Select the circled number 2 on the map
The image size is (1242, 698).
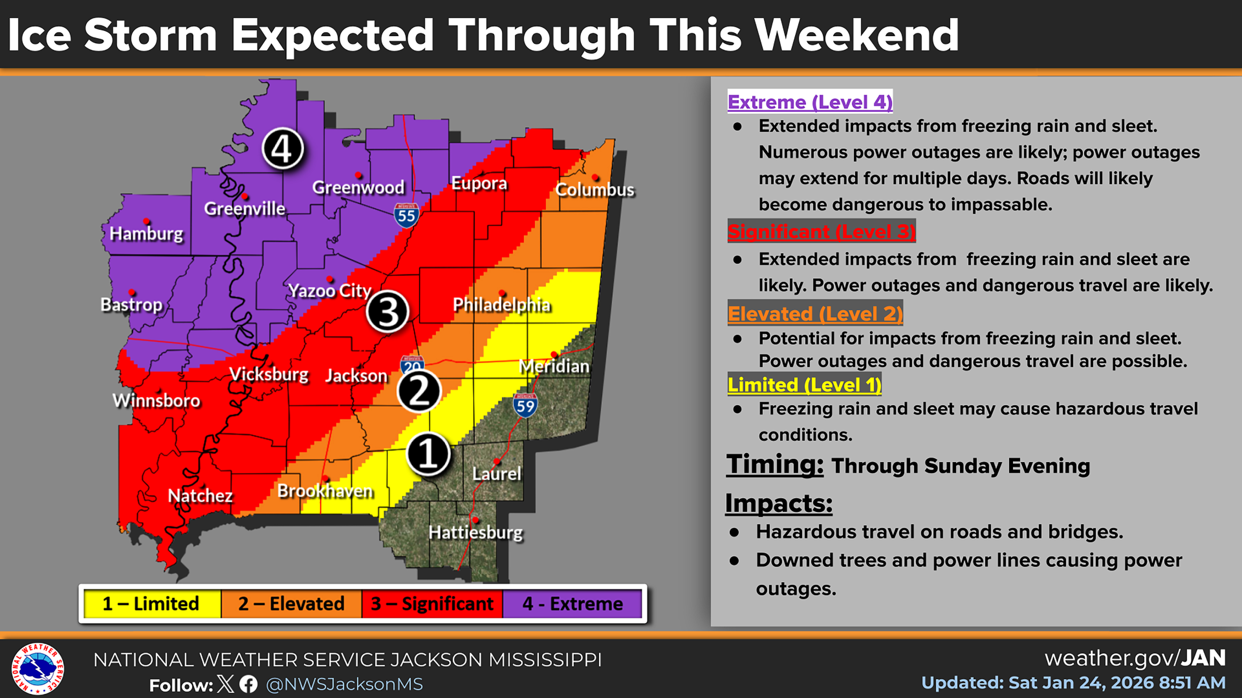coord(418,391)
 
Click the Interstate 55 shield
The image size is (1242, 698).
coord(406,215)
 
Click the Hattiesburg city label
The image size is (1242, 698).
coord(475,532)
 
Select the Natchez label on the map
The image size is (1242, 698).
coord(200,495)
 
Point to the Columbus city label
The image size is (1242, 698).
coord(594,190)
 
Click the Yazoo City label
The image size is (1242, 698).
coord(330,291)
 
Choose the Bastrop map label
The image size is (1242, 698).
coord(131,304)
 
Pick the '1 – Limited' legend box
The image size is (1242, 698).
coord(151,604)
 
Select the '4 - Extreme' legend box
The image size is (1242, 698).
coord(572,604)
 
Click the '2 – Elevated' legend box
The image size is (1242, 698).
coord(291,604)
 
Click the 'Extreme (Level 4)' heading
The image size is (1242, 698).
coord(810,102)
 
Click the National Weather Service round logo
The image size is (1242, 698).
coord(38,669)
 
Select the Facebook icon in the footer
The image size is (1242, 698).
coord(249,684)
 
